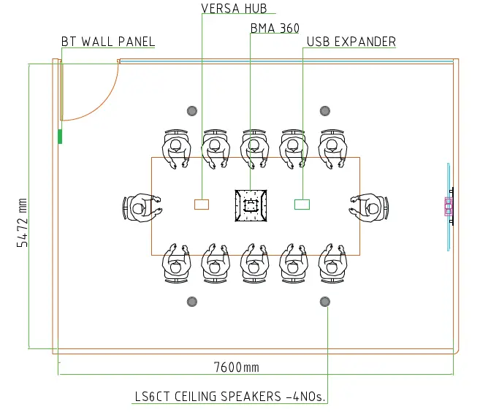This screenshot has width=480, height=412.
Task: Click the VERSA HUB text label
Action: click(234, 9)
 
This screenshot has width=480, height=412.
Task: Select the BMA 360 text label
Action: click(275, 28)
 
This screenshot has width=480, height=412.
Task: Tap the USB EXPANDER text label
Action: click(351, 42)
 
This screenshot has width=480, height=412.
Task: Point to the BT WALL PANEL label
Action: click(108, 42)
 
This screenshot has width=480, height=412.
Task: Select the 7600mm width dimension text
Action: click(236, 367)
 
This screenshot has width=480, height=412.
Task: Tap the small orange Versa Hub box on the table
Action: click(202, 204)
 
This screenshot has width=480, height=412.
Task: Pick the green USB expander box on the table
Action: click(302, 204)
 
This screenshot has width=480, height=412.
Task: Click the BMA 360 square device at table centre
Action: click(251, 205)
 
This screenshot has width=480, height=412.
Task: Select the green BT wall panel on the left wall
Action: click(61, 136)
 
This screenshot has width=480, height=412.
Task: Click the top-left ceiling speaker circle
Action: click(192, 111)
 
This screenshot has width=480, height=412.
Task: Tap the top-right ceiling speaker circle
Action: click(325, 111)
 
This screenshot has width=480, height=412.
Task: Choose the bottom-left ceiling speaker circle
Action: click(192, 302)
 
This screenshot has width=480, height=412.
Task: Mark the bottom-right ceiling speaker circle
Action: click(325, 302)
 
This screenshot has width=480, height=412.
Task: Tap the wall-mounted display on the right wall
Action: click(449, 207)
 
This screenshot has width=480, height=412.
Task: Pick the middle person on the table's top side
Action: click(254, 148)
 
